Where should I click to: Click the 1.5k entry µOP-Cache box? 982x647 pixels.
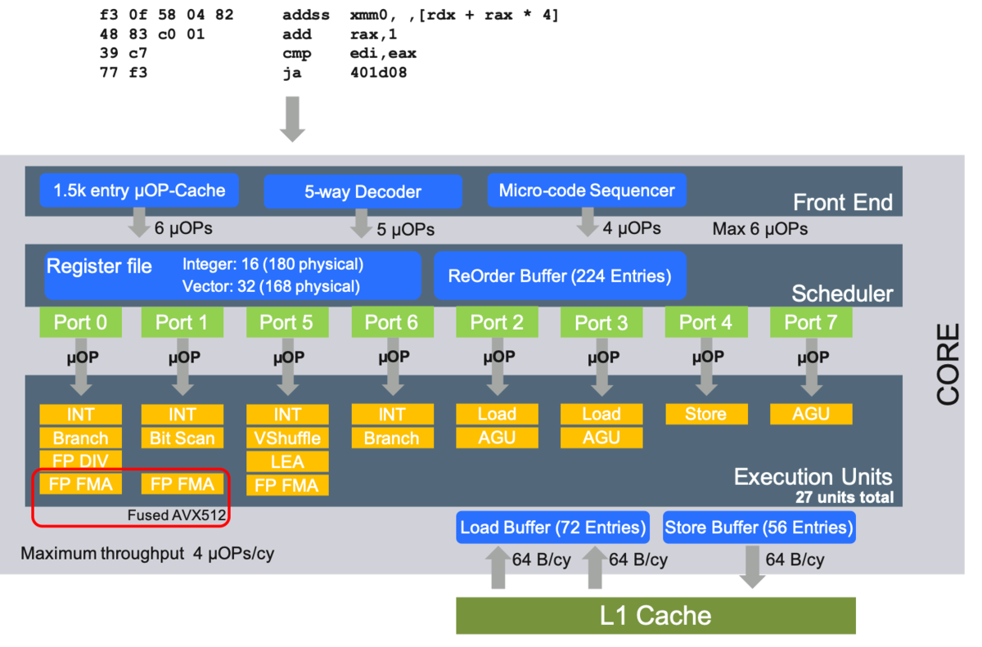click(x=139, y=191)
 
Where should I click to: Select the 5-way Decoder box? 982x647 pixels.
click(x=363, y=192)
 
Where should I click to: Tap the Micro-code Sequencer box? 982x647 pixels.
click(x=587, y=191)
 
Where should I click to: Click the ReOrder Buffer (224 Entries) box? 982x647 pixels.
click(x=559, y=276)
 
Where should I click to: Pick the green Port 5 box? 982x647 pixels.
click(x=286, y=322)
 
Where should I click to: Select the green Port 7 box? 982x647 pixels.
click(x=810, y=322)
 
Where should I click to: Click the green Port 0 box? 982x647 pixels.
click(x=80, y=322)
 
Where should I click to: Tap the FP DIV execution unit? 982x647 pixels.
click(x=80, y=461)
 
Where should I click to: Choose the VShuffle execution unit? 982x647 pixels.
click(x=286, y=438)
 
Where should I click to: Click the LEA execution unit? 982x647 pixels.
click(x=286, y=461)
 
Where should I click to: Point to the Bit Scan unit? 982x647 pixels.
click(x=182, y=438)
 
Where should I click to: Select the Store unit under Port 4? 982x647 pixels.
click(x=705, y=414)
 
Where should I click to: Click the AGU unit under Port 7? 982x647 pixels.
click(x=810, y=414)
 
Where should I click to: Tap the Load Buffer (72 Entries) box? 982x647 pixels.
click(x=552, y=528)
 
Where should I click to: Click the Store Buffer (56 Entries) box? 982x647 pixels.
click(x=758, y=528)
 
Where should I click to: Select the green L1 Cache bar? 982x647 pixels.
click(x=655, y=615)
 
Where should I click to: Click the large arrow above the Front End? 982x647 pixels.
click(x=292, y=119)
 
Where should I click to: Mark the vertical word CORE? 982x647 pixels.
click(x=948, y=365)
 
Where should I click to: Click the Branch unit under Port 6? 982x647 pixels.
click(x=391, y=438)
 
